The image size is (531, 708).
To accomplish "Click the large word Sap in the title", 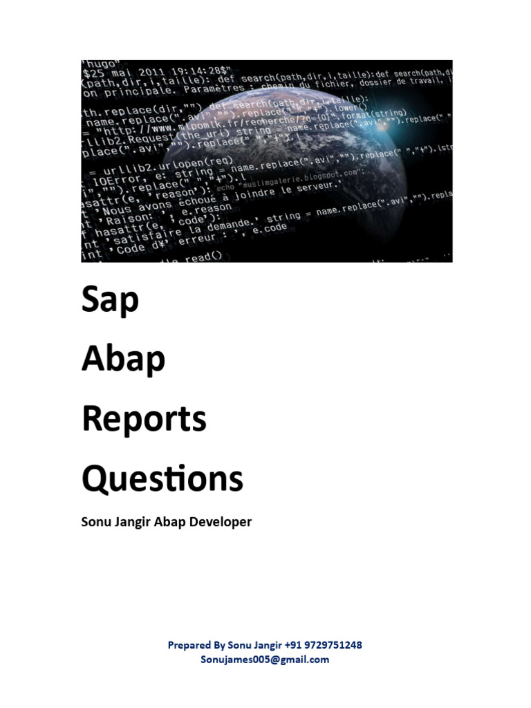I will (x=111, y=300).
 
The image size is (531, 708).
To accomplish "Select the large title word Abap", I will (x=124, y=360).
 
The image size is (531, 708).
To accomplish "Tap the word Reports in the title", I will (x=144, y=419).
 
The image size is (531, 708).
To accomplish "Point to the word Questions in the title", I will (x=162, y=478).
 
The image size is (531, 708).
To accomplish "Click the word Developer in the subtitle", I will (x=222, y=522).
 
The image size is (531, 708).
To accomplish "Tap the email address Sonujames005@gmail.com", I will (x=265, y=660).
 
